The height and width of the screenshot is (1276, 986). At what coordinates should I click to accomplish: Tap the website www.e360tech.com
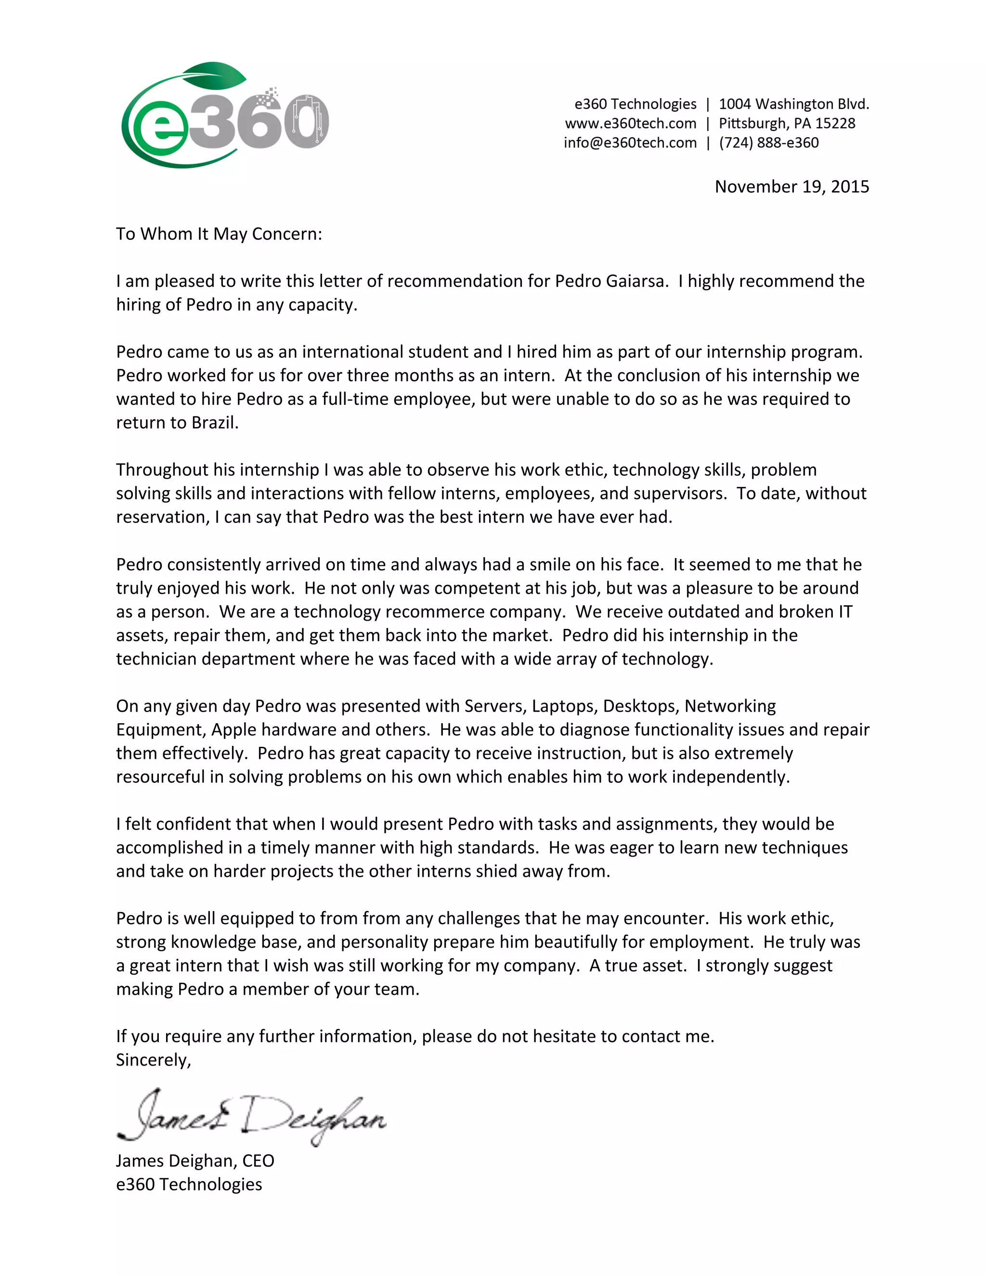(630, 123)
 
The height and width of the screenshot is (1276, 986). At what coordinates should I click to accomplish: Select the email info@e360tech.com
(630, 143)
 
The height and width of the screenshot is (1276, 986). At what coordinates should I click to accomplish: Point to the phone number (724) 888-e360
(769, 143)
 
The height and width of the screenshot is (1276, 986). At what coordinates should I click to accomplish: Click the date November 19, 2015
(791, 186)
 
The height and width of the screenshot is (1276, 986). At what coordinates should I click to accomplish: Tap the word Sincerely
(153, 1060)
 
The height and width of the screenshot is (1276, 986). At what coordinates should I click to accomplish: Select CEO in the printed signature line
(258, 1161)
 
